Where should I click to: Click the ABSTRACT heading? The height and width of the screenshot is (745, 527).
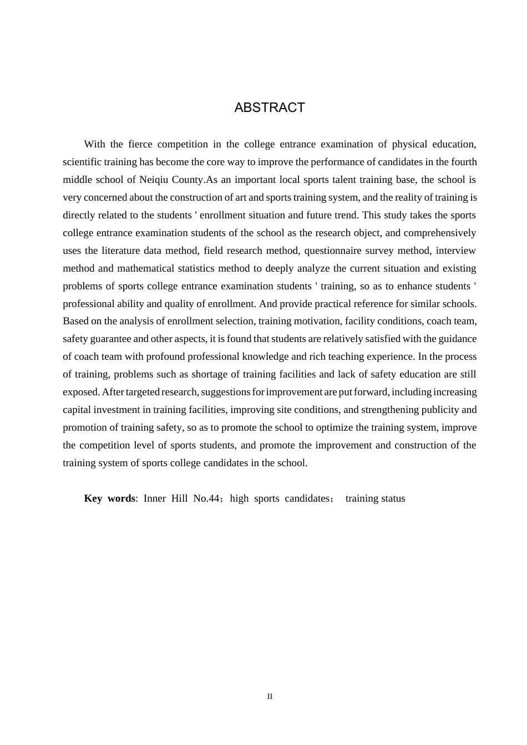(x=270, y=108)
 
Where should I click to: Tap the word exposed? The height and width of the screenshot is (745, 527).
(x=80, y=392)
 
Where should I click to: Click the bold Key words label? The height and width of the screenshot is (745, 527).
(x=109, y=498)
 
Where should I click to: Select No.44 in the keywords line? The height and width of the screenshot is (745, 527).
(x=206, y=498)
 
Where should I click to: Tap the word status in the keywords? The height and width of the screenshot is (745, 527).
(x=393, y=498)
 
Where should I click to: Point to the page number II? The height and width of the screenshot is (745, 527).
(x=270, y=697)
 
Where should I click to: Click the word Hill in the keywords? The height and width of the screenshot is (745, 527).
(x=179, y=498)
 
